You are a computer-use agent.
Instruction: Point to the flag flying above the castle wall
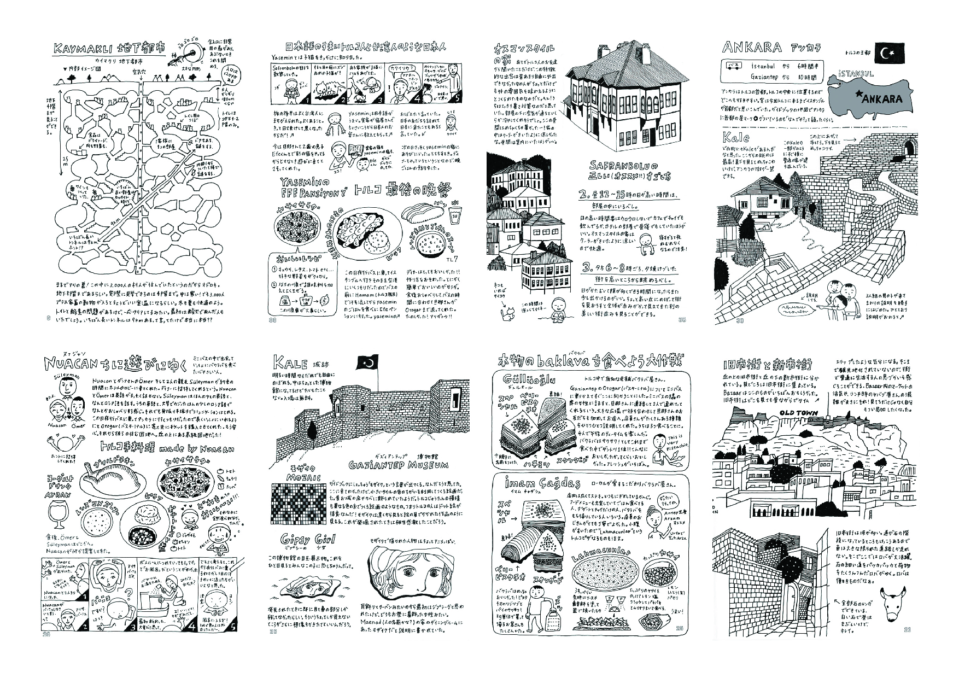[x=367, y=363]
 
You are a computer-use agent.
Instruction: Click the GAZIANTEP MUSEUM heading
[x=399, y=465]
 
